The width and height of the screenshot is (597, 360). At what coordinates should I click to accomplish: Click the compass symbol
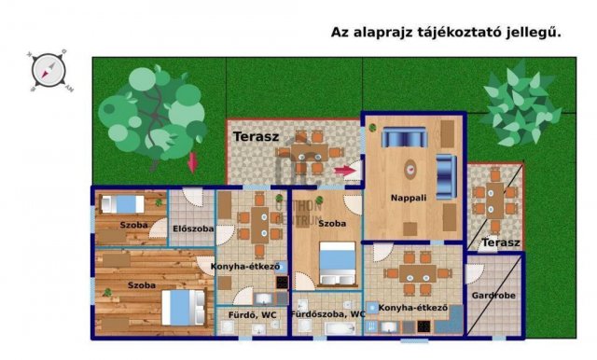tap(47, 68)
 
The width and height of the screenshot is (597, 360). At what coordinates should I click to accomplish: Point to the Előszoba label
tap(193, 228)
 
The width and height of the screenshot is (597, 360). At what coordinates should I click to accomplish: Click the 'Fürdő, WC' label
tap(251, 314)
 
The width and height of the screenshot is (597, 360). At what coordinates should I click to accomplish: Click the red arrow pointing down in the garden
tap(193, 160)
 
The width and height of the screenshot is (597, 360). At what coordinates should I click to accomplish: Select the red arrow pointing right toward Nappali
tap(345, 171)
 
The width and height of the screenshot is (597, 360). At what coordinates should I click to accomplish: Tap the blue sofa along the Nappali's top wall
tap(404, 138)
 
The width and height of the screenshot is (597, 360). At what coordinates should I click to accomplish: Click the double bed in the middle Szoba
tap(337, 263)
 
